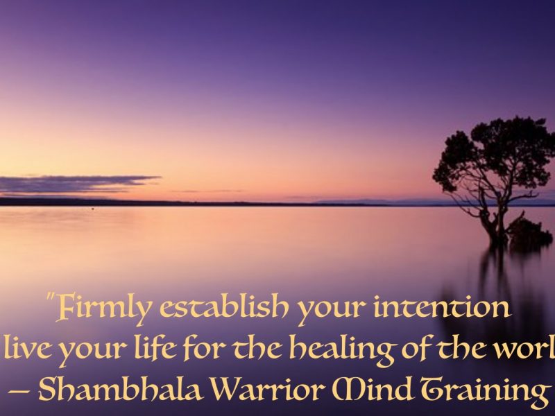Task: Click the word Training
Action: click(x=486, y=390)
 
